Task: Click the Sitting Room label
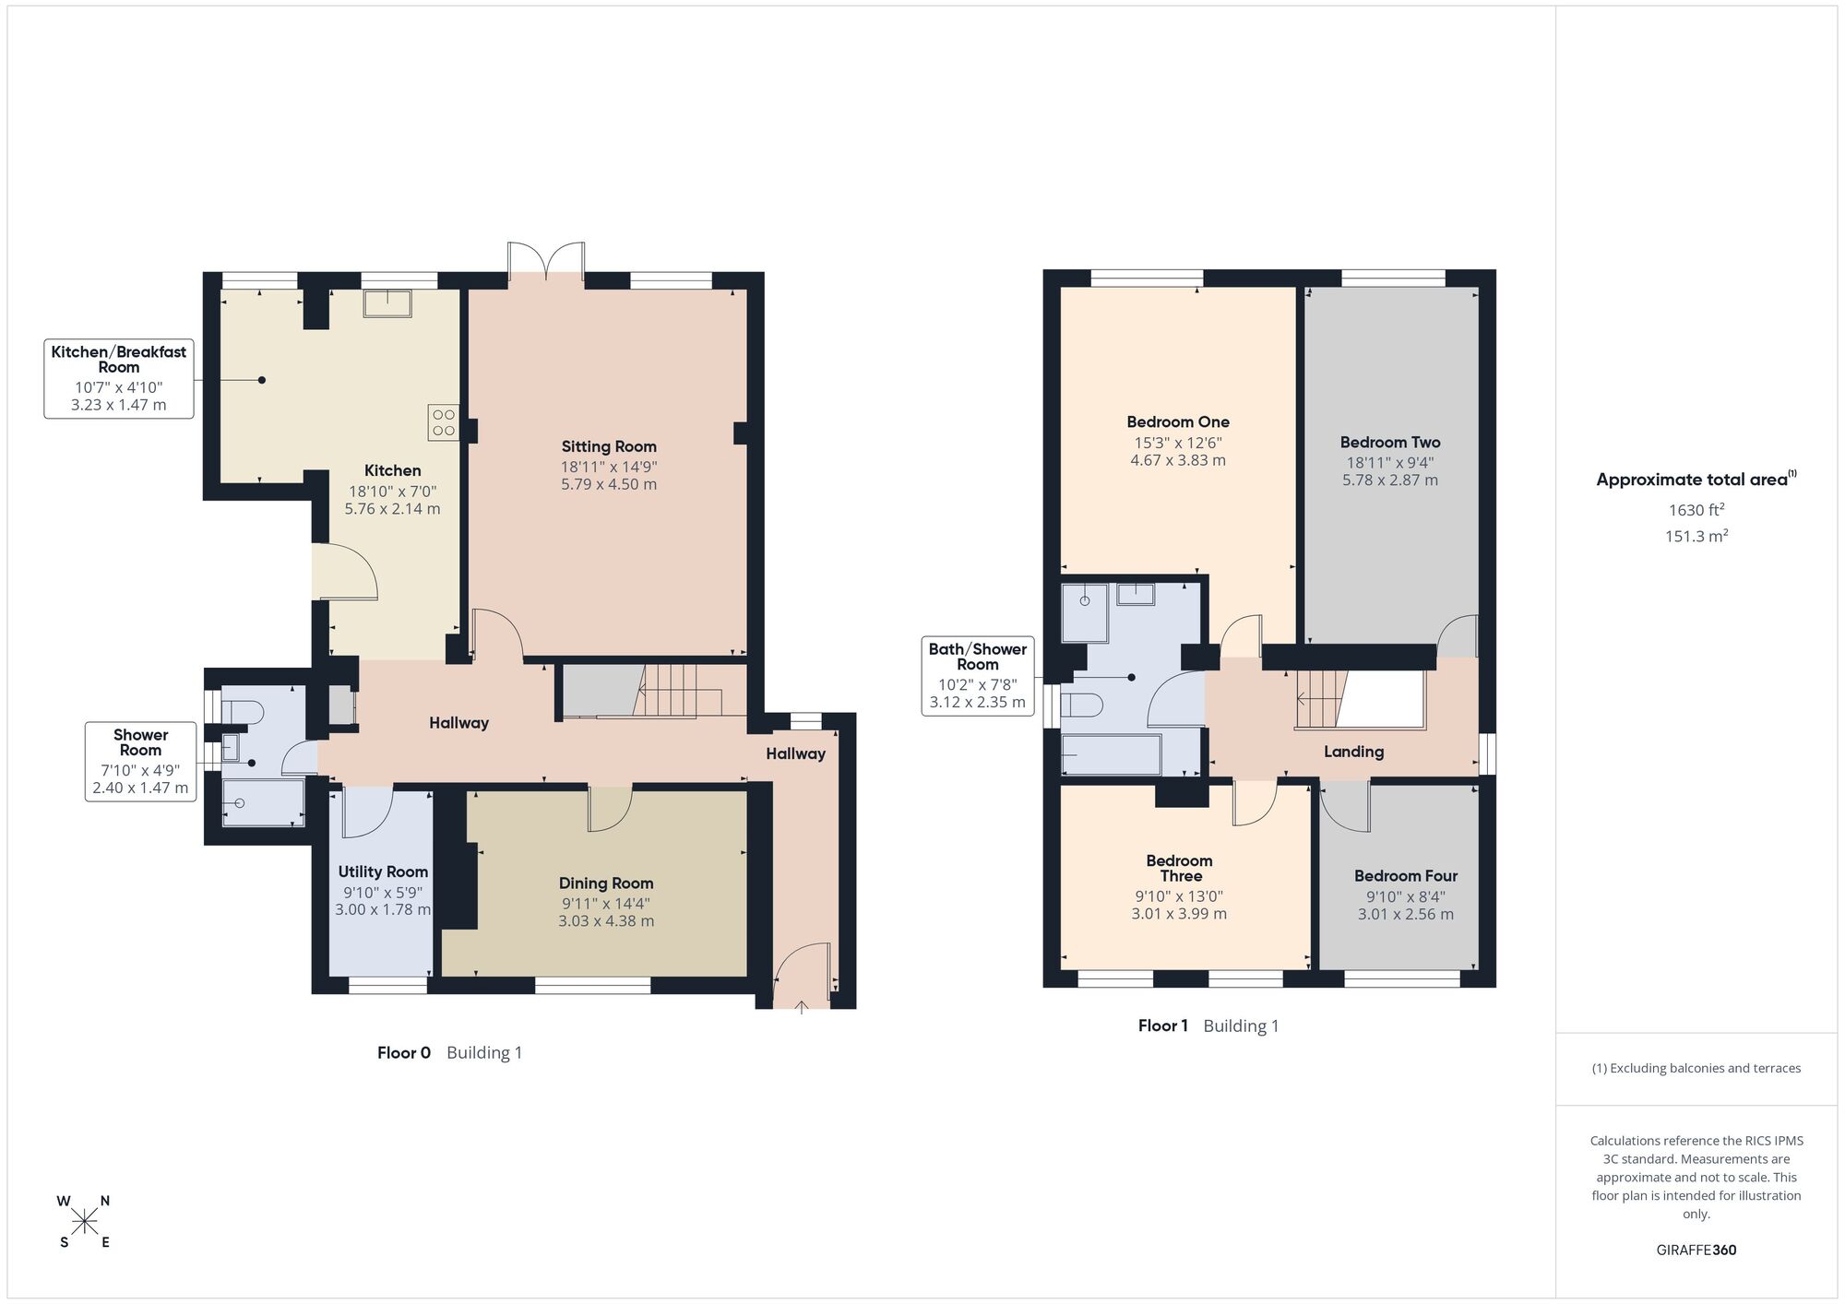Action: (609, 447)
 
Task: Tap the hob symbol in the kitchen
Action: (444, 422)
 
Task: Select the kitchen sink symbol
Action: (387, 303)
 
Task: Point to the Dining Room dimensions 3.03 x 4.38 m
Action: (606, 921)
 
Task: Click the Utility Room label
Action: (383, 872)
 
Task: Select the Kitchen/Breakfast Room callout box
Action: (119, 378)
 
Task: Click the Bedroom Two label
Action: (1390, 443)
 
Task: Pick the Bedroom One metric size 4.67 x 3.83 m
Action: (1178, 460)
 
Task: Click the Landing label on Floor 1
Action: (1353, 752)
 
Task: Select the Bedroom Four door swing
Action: (1344, 805)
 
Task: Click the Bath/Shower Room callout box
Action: (978, 676)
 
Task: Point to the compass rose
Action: (85, 1223)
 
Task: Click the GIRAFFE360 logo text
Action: (1696, 1251)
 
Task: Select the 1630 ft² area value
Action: (1696, 509)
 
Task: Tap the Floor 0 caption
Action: (404, 1052)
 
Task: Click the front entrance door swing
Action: (801, 973)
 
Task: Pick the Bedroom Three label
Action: (1180, 869)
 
